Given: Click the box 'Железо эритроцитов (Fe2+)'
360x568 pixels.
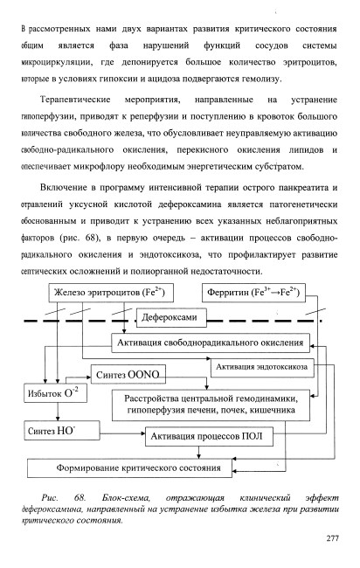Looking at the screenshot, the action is click(x=111, y=293).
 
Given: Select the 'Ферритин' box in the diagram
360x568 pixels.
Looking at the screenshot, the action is click(x=253, y=293).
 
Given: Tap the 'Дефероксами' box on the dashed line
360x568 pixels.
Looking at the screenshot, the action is click(x=171, y=318).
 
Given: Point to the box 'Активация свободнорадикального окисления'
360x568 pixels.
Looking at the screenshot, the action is click(x=211, y=343).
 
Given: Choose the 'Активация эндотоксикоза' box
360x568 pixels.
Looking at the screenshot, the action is click(x=262, y=367).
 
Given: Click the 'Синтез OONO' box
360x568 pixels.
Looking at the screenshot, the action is click(x=128, y=375).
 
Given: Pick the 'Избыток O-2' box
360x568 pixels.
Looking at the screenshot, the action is click(x=55, y=393).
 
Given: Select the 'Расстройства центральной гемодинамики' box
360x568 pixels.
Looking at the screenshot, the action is click(x=211, y=405).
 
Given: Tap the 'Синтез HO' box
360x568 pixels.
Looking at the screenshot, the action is click(x=62, y=431).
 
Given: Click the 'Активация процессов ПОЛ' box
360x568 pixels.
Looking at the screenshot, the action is click(x=209, y=437).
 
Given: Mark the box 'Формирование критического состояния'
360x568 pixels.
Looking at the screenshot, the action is click(x=129, y=468).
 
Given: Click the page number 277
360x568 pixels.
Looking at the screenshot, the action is click(x=332, y=538).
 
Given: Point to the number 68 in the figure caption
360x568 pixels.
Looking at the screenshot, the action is click(x=80, y=498).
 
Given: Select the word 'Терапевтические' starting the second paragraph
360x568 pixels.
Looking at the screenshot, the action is click(x=75, y=100).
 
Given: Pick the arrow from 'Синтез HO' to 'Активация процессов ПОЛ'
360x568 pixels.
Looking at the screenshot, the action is click(x=122, y=433).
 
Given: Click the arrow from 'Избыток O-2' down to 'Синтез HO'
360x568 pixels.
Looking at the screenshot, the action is click(x=58, y=412).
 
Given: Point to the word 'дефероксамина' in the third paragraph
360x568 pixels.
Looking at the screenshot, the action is click(x=190, y=204).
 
